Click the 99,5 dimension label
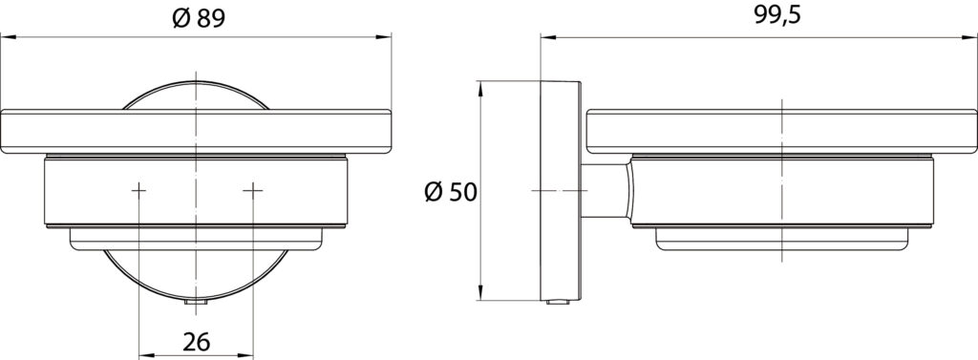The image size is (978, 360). pyautogui.click(x=777, y=15)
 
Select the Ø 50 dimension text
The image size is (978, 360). pyautogui.click(x=451, y=192)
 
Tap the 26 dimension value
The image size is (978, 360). pyautogui.click(x=197, y=341)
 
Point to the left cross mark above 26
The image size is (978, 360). pyautogui.click(x=138, y=190)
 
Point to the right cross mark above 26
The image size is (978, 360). pyautogui.click(x=252, y=190)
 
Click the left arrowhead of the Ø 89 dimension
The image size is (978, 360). pyautogui.click(x=8, y=37)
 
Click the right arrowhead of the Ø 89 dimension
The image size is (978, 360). pyautogui.click(x=384, y=37)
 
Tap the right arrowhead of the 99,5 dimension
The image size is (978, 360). pyautogui.click(x=968, y=37)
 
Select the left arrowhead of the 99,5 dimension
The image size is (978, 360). pyautogui.click(x=548, y=37)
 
